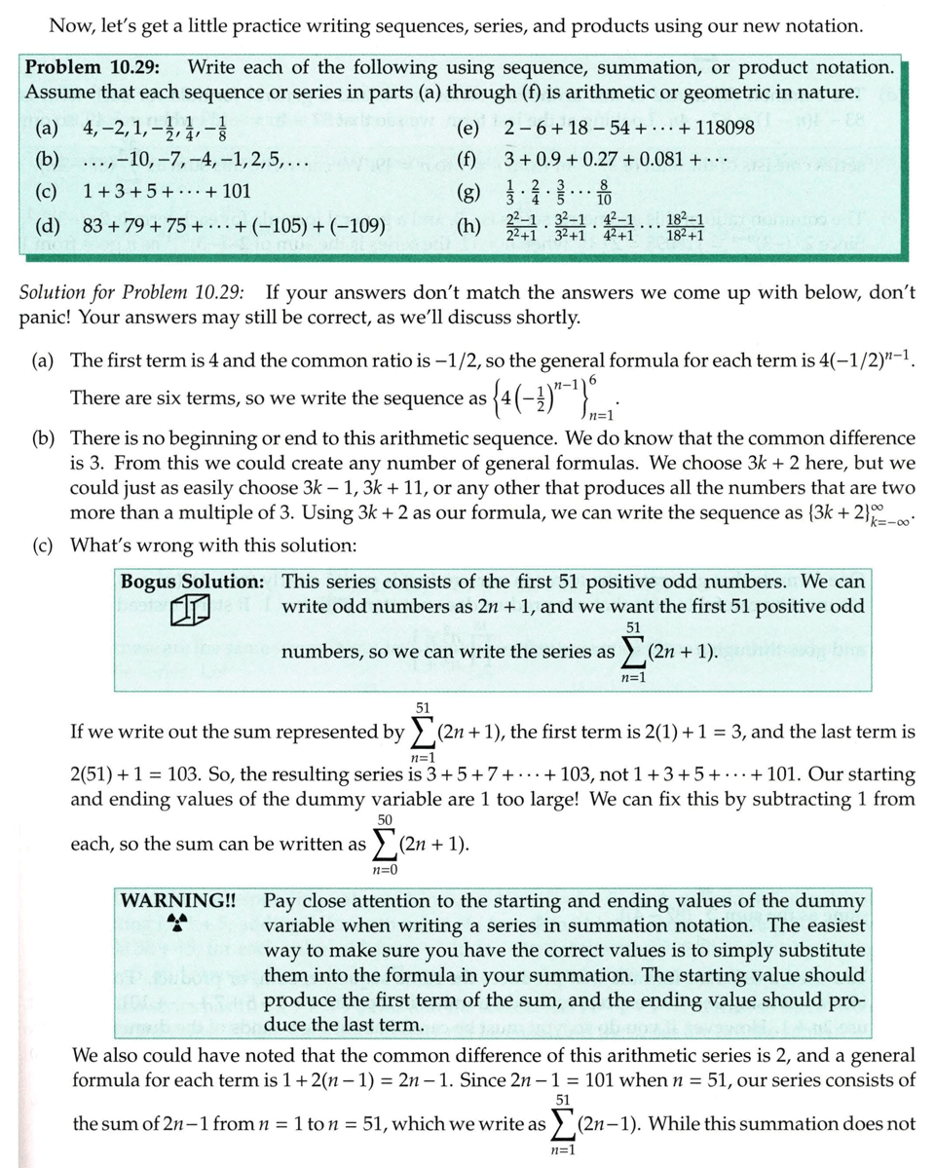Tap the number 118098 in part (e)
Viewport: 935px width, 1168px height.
719,129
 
